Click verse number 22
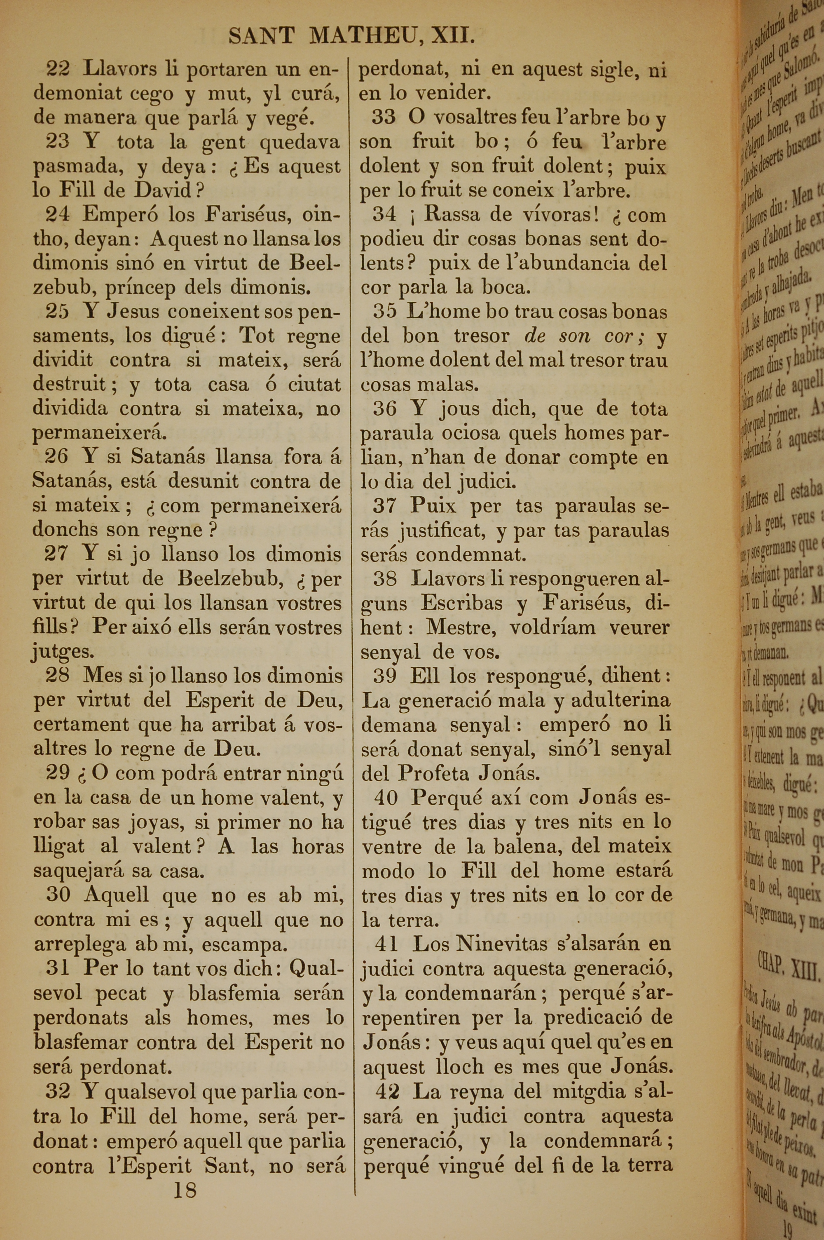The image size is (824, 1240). click(58, 69)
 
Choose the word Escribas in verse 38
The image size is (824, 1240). click(461, 603)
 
